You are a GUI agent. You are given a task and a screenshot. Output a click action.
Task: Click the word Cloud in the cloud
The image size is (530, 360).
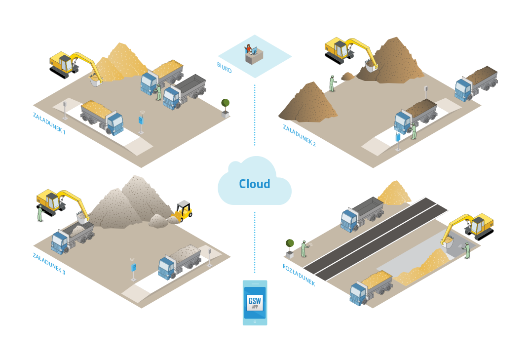[x=255, y=184]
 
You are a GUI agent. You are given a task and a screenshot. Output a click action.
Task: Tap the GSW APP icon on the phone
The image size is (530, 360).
[x=255, y=302]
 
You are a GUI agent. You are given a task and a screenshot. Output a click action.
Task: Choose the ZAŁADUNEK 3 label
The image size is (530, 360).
[x=49, y=263]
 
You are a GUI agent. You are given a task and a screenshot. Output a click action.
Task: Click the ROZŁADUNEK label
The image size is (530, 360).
[x=299, y=275]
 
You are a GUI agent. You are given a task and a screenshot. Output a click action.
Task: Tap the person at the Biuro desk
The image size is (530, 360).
[x=249, y=49]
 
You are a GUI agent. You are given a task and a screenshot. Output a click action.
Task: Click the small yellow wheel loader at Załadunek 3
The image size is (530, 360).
[x=183, y=210]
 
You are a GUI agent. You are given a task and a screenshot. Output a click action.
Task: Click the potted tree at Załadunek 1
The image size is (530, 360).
[x=226, y=106]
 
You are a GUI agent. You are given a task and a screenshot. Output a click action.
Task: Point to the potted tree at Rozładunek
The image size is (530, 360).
[x=290, y=246]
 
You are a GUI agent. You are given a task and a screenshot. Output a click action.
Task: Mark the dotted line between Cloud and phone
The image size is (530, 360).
[x=255, y=242]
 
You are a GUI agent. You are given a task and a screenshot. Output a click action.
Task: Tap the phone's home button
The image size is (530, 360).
[x=255, y=321]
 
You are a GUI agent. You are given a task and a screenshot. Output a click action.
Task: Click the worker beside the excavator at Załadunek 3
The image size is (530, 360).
[x=40, y=214]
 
